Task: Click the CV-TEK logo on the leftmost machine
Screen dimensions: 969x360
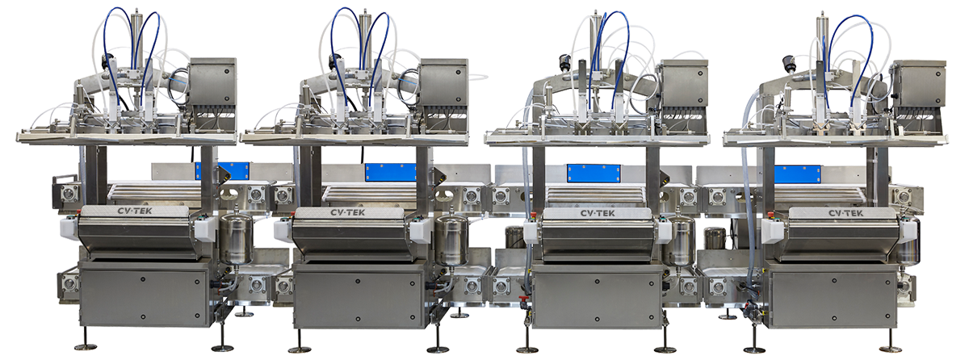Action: point(135,211)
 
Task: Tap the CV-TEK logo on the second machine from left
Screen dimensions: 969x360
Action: point(348,212)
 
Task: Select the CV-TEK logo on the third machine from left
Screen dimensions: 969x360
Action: point(598,213)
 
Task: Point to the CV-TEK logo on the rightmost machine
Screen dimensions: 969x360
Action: point(845,213)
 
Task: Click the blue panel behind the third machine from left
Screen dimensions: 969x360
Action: point(594,174)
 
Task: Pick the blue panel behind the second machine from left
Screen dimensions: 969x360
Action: point(391,172)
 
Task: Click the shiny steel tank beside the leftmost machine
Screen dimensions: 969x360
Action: point(236,239)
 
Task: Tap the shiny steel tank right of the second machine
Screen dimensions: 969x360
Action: point(451,240)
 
